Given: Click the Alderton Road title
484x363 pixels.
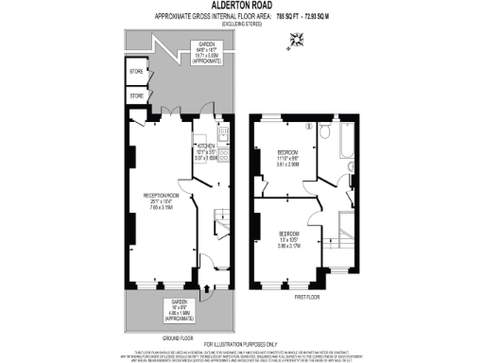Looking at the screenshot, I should [x=241, y=5].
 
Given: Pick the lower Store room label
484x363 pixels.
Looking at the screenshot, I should [x=136, y=95].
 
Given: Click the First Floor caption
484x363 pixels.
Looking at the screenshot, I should [x=307, y=296].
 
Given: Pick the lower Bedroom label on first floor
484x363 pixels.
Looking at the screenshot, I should [x=288, y=233].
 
